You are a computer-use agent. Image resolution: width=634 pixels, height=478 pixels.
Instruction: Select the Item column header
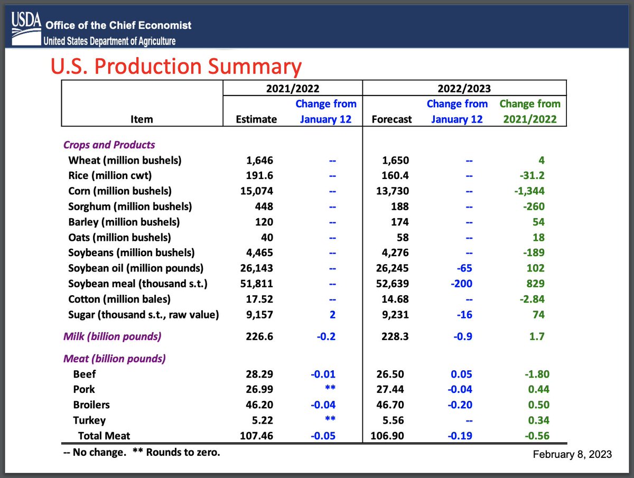click(141, 119)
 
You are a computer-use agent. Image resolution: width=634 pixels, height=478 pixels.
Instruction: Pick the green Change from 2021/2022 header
click(530, 111)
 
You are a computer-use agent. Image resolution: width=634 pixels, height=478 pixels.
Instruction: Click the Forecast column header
click(391, 119)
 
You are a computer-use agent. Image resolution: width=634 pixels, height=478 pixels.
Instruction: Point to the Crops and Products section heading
click(109, 145)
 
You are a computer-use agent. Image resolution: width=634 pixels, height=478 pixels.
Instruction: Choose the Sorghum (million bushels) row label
click(130, 206)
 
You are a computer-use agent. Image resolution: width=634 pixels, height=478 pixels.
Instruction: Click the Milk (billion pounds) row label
click(112, 336)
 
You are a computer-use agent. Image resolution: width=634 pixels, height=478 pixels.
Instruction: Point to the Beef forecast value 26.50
click(395, 374)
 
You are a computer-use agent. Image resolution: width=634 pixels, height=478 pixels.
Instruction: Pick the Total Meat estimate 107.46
click(256, 436)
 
